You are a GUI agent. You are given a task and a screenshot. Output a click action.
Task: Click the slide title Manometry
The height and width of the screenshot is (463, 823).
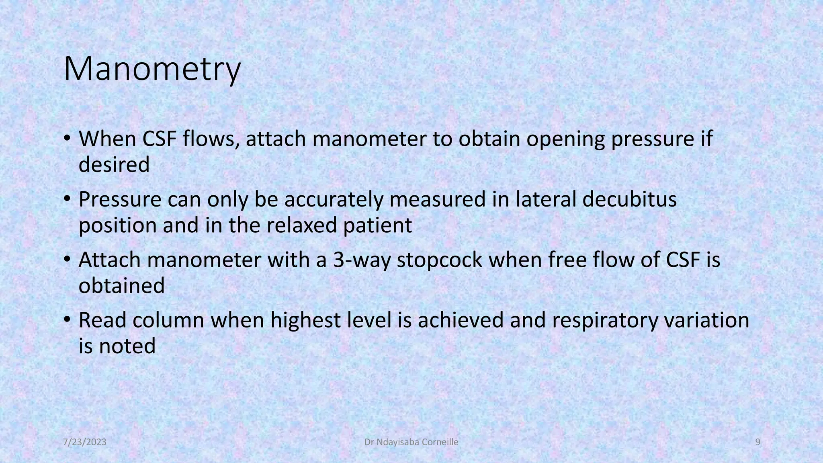point(152,69)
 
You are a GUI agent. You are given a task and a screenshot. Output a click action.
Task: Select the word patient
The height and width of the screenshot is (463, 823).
point(377,226)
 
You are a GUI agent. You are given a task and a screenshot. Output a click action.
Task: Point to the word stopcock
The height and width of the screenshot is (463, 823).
point(439,260)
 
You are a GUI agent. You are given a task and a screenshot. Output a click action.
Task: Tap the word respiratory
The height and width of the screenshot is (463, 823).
point(604,321)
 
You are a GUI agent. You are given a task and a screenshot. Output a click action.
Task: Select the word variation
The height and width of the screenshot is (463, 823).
point(707,320)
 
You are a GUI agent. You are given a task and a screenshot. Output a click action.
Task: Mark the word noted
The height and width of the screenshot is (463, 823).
point(127,346)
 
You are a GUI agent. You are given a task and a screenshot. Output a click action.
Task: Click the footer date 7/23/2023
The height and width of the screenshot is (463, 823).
point(85,443)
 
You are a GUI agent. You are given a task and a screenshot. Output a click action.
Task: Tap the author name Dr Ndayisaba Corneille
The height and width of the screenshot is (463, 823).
point(411,443)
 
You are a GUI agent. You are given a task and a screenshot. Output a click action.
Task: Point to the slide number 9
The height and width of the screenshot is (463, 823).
point(758,443)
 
